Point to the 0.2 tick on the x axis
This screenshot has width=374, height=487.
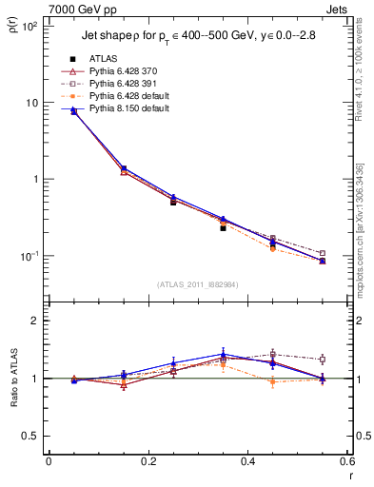tap(148, 463)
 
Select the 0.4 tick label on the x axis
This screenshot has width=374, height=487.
tap(247, 463)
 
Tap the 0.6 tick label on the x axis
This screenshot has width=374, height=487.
tap(347, 463)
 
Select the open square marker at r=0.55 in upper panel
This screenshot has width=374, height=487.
tap(323, 253)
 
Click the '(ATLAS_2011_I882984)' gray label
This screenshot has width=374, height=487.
tap(198, 283)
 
